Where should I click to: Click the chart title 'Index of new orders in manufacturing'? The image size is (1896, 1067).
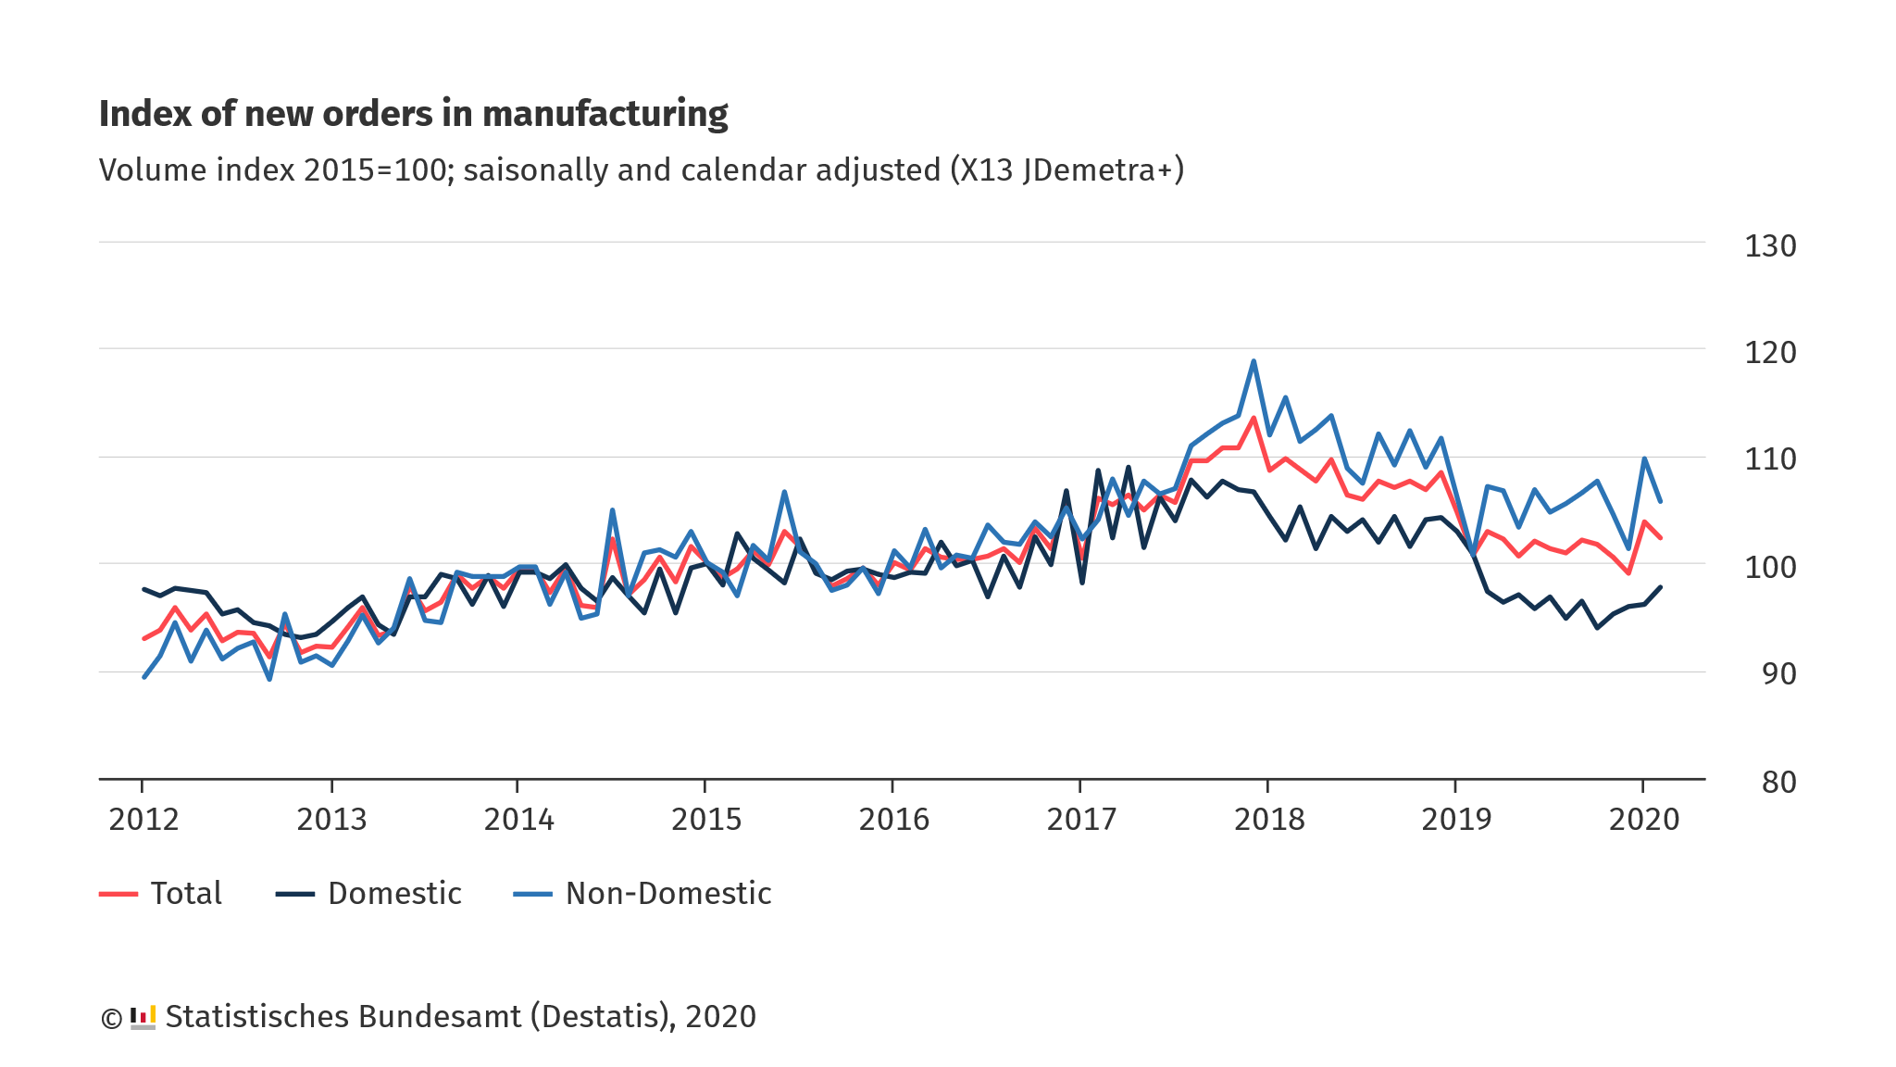click(413, 114)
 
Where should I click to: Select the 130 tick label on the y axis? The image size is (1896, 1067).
click(1770, 246)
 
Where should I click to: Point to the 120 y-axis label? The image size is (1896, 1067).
click(1770, 353)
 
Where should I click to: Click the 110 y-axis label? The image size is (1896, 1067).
click(1770, 459)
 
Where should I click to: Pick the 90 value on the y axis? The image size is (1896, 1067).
click(1779, 674)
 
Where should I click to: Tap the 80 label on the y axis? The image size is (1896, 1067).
click(1779, 783)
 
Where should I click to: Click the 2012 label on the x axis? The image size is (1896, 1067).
click(143, 820)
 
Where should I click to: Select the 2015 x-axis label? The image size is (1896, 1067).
click(706, 820)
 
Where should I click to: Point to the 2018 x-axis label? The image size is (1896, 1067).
click(1269, 820)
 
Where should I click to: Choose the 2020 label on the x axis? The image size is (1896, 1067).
click(1644, 820)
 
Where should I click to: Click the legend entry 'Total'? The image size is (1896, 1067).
click(186, 894)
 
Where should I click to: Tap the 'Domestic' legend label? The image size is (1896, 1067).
click(394, 894)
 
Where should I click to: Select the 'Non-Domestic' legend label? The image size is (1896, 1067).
click(668, 894)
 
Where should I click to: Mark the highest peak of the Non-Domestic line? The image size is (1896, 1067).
click(1254, 361)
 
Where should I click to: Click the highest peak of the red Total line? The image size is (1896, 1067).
click(1254, 418)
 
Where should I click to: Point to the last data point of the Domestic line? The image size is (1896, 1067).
click(1660, 587)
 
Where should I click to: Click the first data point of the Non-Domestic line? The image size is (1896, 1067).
click(144, 677)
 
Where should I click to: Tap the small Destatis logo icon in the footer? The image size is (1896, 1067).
click(143, 1017)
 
